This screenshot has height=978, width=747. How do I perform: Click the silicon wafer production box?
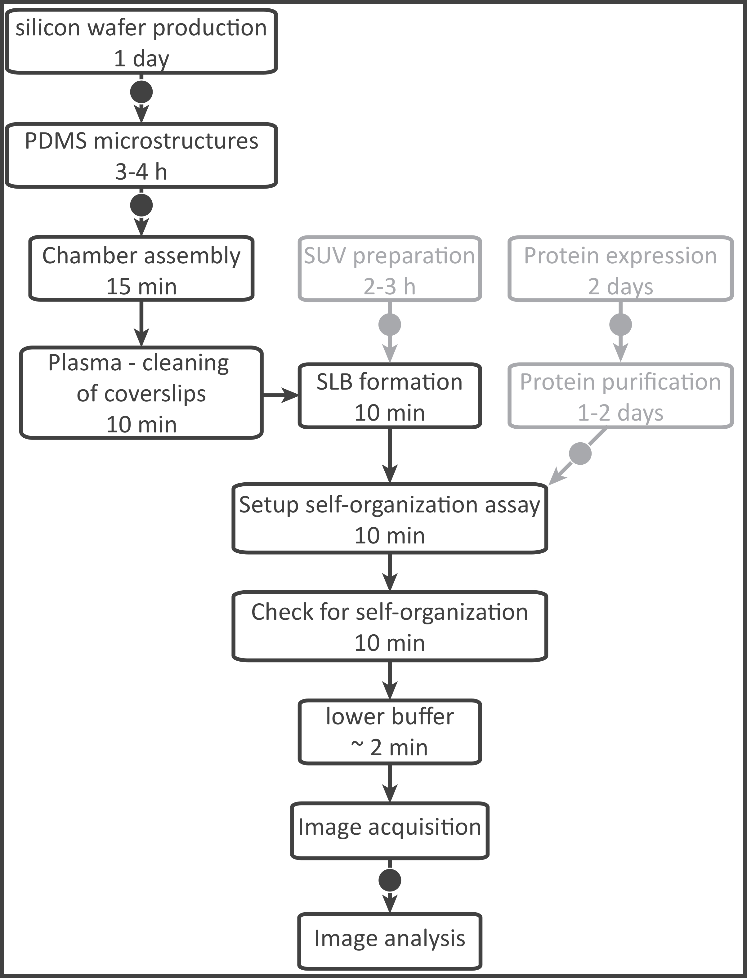click(141, 41)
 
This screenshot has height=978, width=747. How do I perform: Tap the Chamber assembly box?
click(141, 269)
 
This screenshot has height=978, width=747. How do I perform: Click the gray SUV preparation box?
click(390, 269)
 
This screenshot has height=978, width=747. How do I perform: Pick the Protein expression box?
click(620, 269)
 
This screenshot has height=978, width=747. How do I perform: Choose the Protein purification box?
click(620, 396)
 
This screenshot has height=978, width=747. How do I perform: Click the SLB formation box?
click(390, 396)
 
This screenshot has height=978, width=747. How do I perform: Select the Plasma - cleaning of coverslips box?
click(141, 393)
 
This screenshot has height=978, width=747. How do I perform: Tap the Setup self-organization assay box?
click(390, 518)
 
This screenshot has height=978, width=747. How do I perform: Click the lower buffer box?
click(390, 732)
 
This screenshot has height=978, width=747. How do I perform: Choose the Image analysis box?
click(390, 938)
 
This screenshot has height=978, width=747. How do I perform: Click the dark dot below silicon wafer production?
click(141, 92)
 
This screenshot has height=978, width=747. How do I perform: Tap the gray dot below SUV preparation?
click(390, 324)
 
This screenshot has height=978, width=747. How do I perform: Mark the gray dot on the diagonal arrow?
click(580, 453)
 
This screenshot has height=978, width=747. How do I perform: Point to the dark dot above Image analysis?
click(390, 880)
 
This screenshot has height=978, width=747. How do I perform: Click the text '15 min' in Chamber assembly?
click(141, 287)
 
